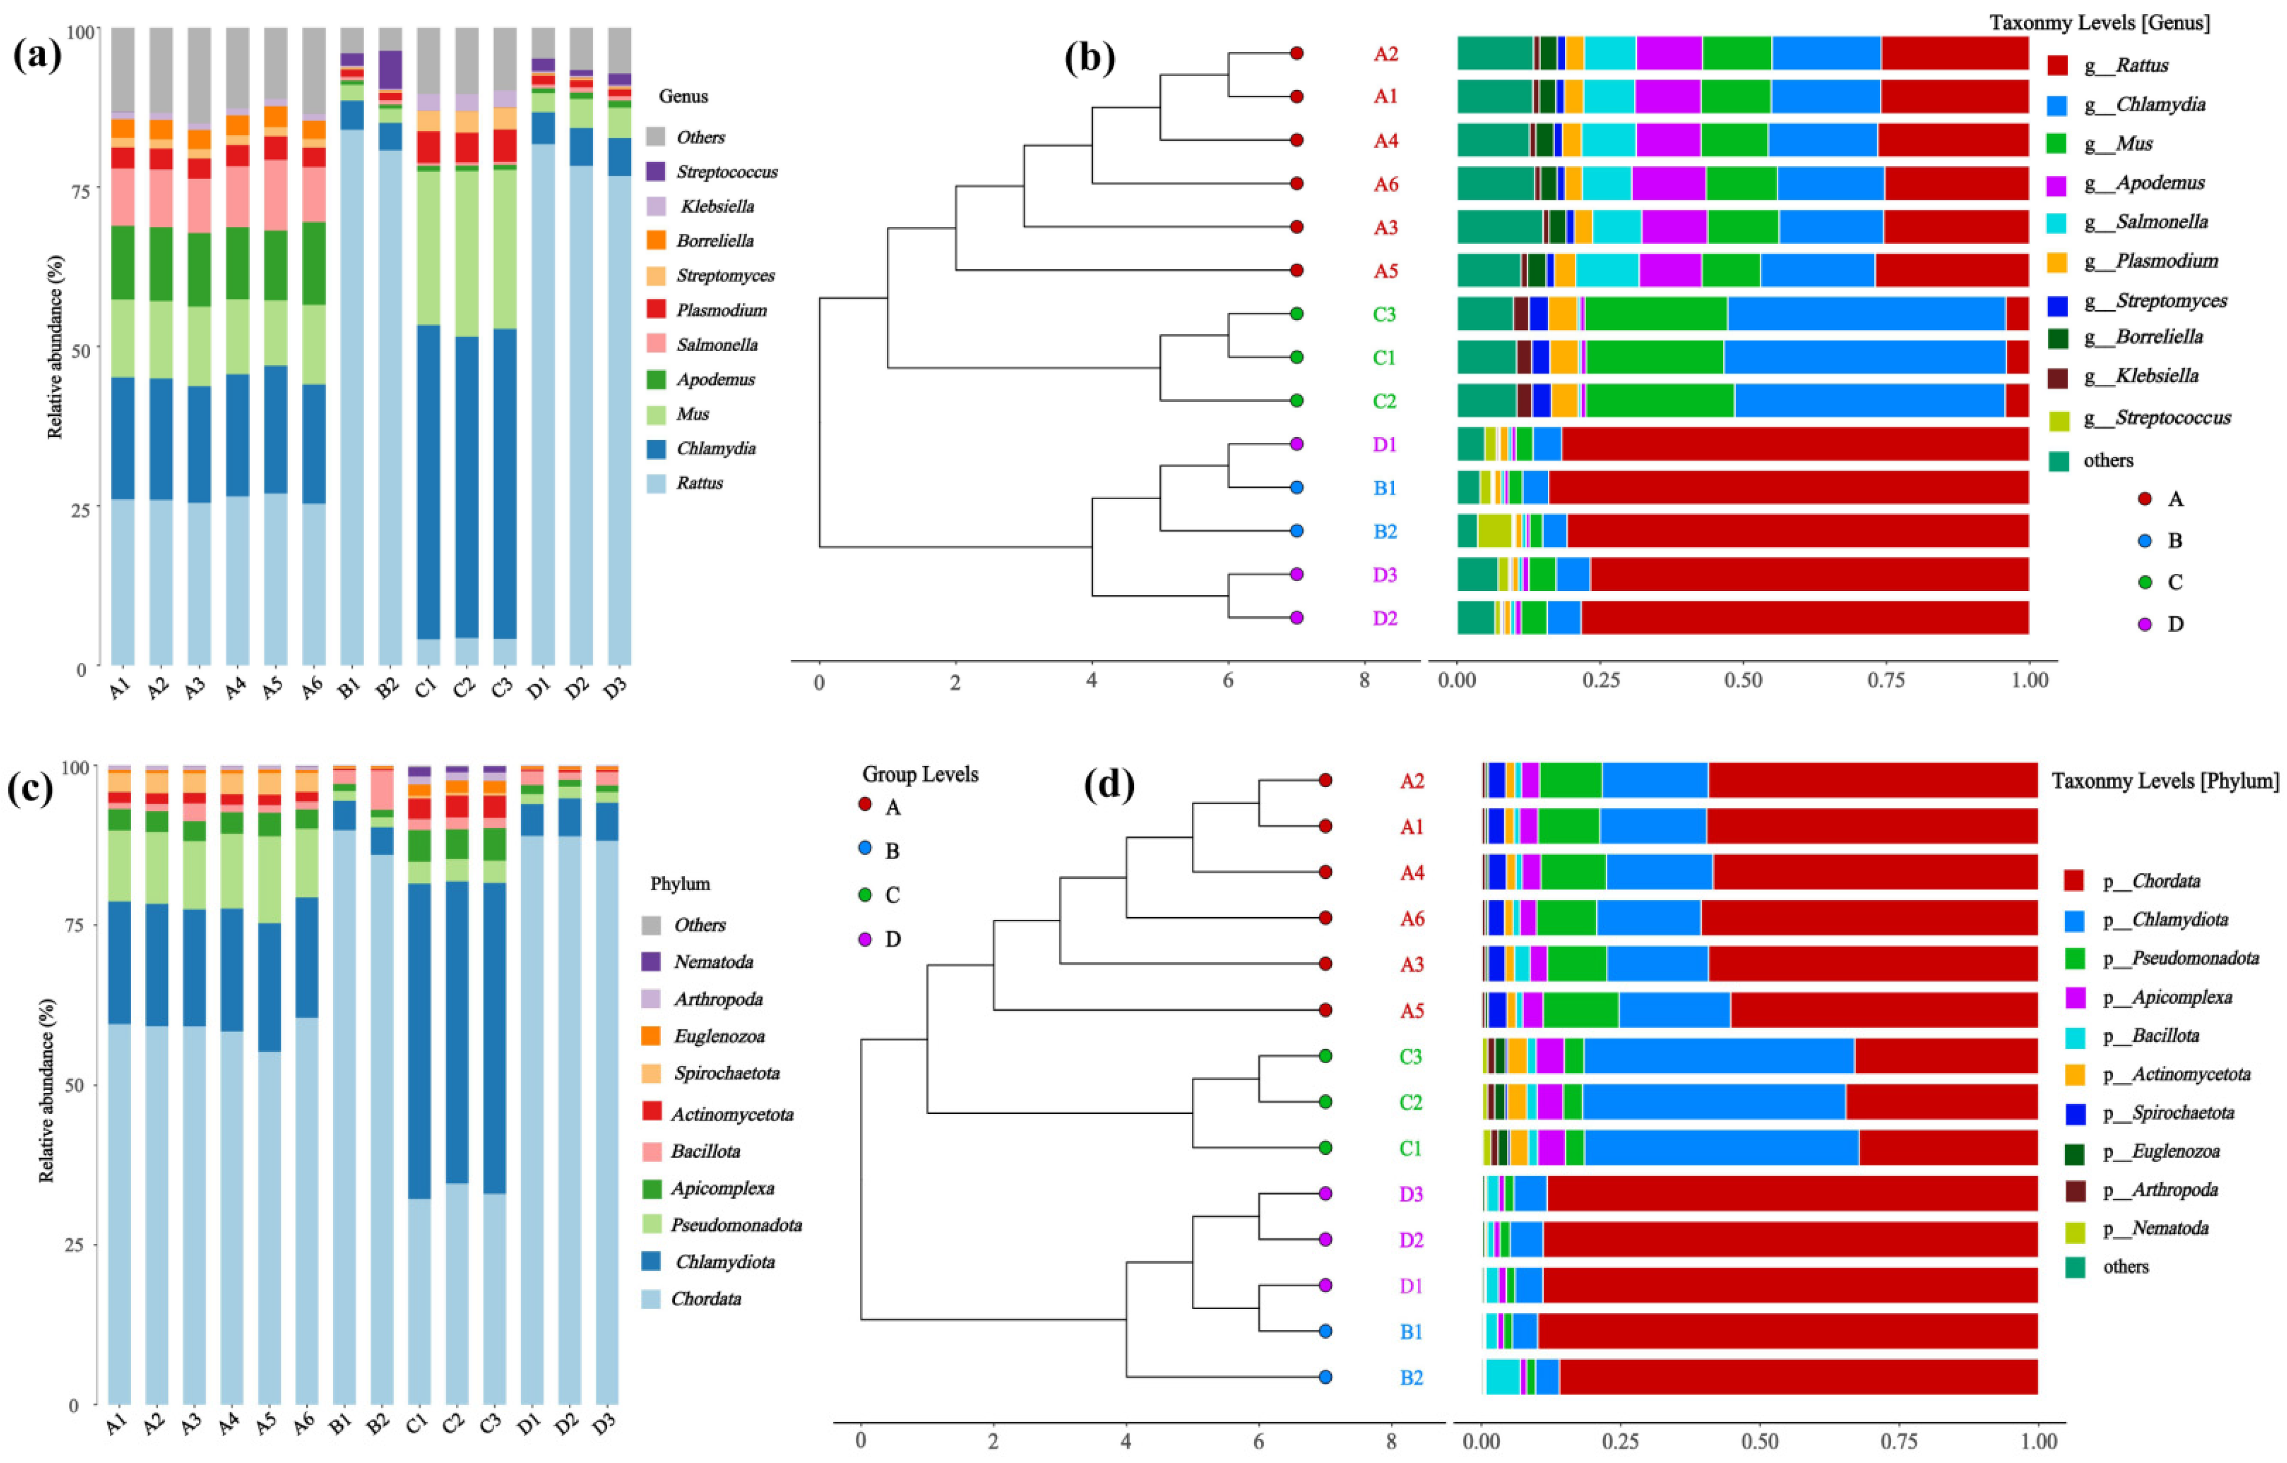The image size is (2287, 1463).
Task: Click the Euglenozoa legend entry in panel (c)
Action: [x=720, y=1036]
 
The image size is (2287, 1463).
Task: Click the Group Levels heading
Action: [x=920, y=774]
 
